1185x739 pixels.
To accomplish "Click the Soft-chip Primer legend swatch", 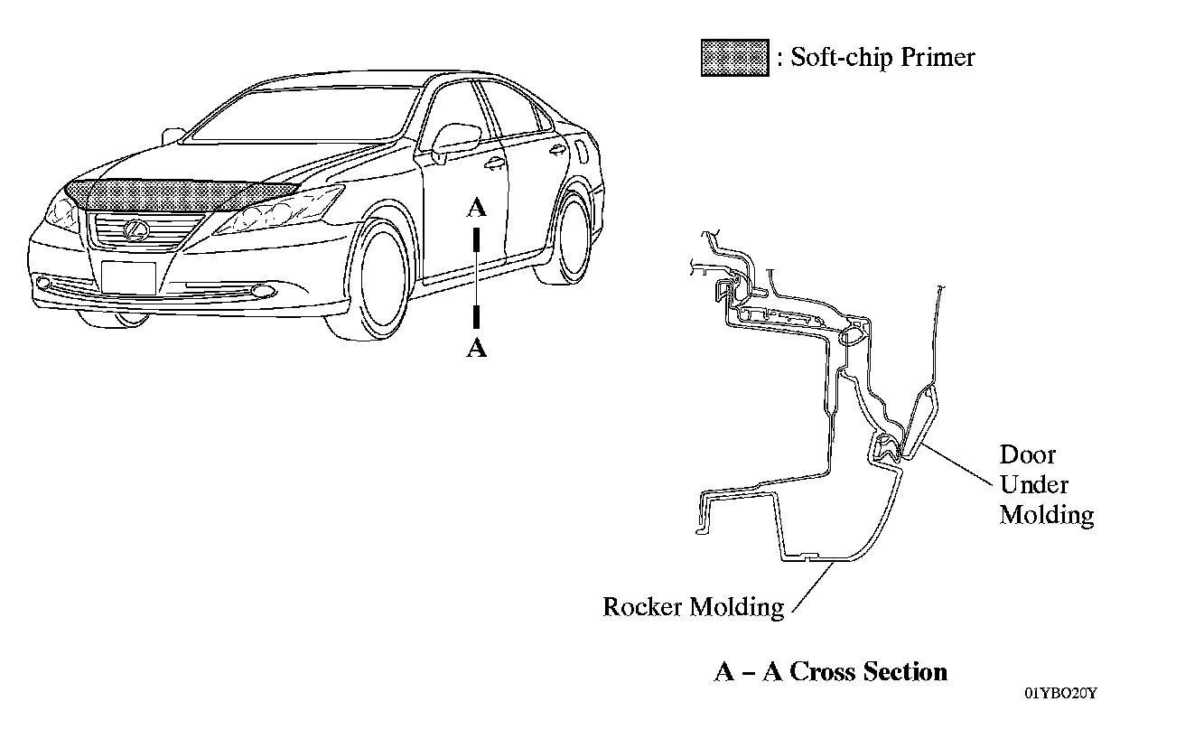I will pos(735,59).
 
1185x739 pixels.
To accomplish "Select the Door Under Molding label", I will pos(1046,484).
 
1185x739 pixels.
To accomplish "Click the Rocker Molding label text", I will pos(693,606).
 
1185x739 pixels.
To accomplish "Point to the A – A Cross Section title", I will pos(830,672).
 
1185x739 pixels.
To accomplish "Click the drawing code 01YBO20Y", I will pos(1060,693).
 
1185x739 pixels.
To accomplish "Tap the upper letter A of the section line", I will pos(476,209).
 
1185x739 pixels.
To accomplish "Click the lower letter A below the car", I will pos(476,348).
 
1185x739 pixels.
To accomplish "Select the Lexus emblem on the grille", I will pos(135,229).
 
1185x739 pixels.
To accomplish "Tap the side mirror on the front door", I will pos(456,139).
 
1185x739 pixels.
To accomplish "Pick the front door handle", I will pos(493,164).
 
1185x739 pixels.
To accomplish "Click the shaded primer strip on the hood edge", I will pos(181,192).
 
